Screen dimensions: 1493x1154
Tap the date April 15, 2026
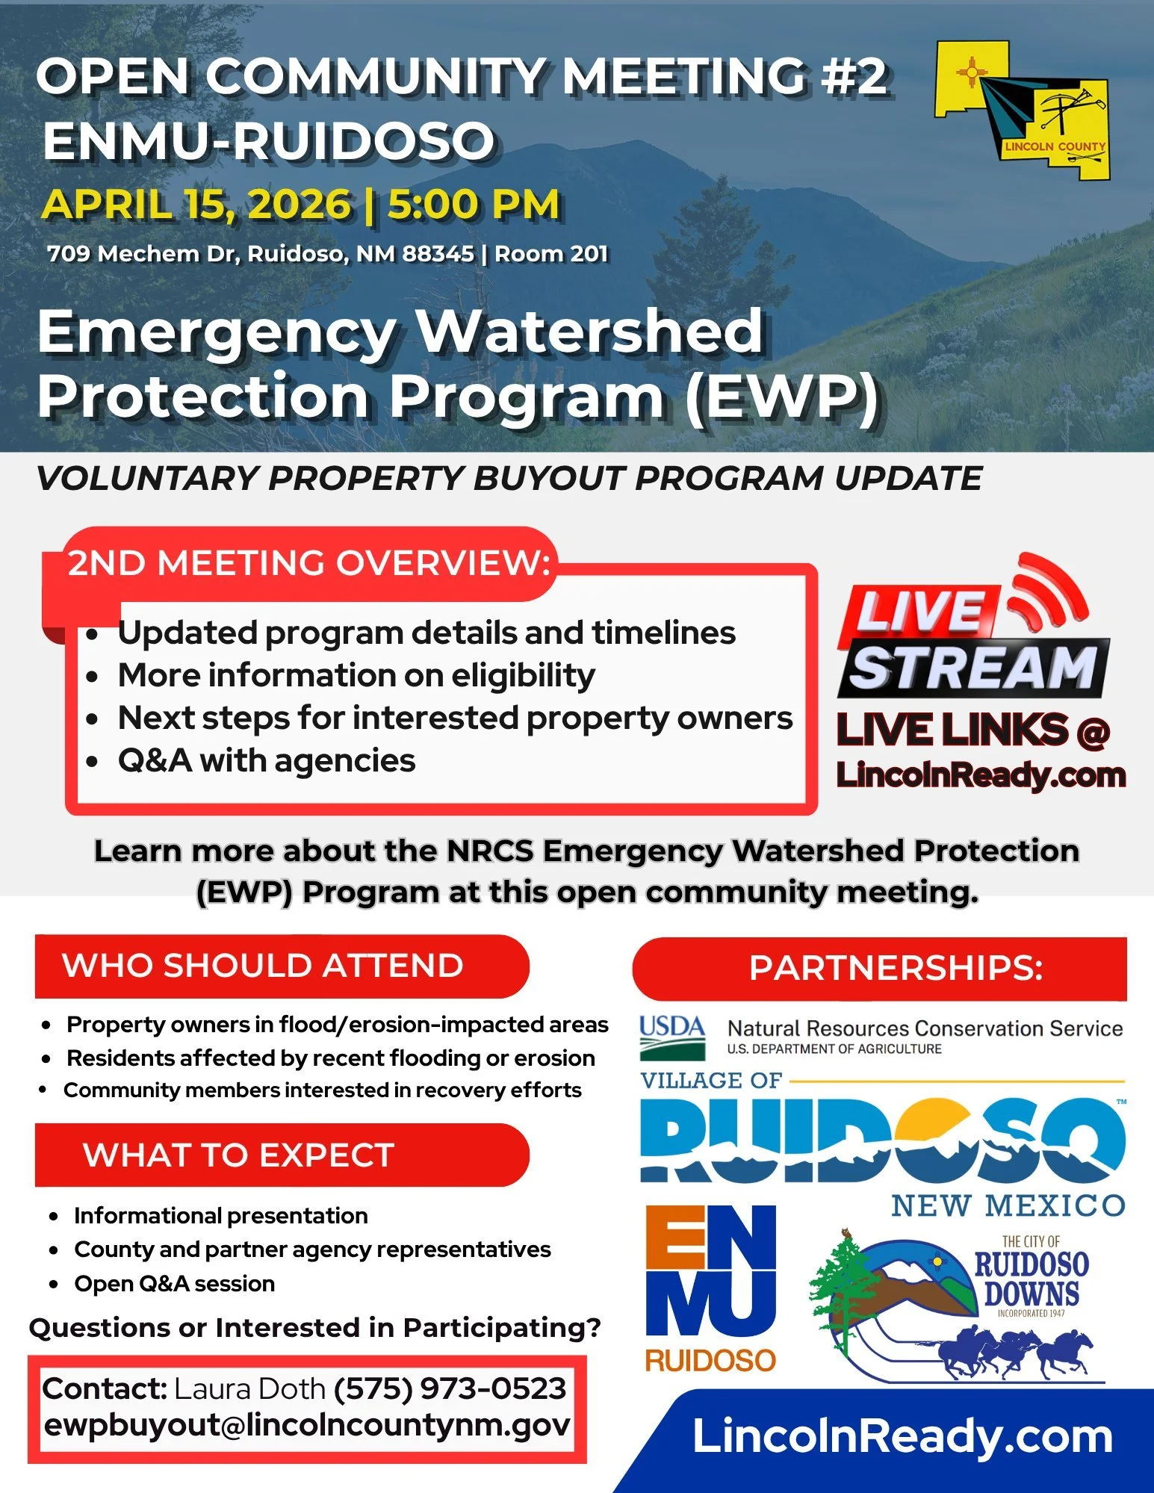(196, 205)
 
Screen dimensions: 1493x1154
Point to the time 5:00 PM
(474, 205)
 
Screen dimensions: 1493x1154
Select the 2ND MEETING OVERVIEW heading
(308, 562)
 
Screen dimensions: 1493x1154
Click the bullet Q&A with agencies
(266, 760)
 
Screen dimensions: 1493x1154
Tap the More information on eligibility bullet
(356, 675)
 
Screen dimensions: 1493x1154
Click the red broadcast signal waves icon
(1046, 590)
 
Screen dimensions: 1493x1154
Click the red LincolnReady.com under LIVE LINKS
(980, 775)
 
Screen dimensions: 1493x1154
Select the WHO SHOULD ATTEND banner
(263, 966)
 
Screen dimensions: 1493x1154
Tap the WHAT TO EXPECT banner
(239, 1155)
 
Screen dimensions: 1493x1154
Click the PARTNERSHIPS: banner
(895, 968)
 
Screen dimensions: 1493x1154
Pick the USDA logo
(671, 1037)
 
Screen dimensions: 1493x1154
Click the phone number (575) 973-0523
(450, 1388)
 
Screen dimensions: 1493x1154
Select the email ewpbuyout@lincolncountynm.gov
(307, 1424)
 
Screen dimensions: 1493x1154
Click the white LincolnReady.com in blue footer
(902, 1436)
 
